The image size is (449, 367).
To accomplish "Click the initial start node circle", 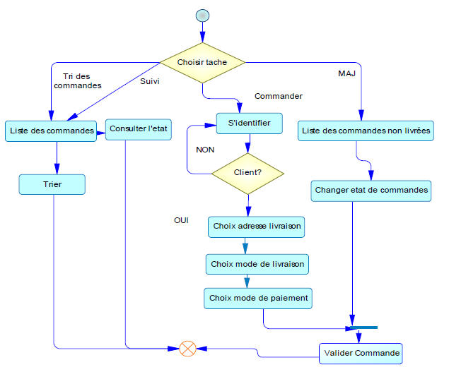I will pos(202,15).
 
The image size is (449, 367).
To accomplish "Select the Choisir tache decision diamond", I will pos(202,63).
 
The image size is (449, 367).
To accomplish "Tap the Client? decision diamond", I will pos(247,172).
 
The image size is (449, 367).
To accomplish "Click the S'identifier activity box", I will pos(248,123).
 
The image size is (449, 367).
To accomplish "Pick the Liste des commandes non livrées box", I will pos(365,131).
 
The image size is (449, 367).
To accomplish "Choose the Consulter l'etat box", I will pos(139,128).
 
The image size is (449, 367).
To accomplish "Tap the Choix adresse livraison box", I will pos(257,227).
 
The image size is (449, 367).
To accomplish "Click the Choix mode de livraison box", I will pos(257,264).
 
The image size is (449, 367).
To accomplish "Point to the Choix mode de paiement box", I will pos(258,298).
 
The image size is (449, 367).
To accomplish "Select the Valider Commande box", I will pos(361,351).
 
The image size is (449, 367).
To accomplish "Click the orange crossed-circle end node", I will pos(187,348).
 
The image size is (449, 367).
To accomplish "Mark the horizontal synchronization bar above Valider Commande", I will pos(363,327).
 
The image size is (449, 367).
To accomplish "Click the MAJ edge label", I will pos(346,73).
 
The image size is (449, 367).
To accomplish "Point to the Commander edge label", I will pos(278,96).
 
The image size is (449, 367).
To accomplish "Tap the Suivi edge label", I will pos(151,81).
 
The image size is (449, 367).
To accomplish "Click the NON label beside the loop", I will pos(205,150).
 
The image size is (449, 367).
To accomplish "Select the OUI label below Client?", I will pos(182,221).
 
